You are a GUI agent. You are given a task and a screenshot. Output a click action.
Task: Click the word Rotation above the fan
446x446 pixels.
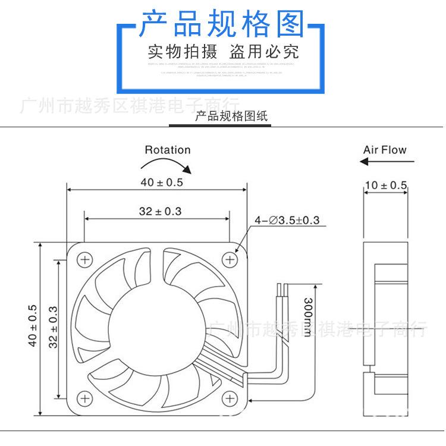(168, 150)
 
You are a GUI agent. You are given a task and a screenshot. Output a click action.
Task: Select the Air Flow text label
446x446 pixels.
(385, 150)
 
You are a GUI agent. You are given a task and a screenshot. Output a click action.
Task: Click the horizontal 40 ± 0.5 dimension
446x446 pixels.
(162, 183)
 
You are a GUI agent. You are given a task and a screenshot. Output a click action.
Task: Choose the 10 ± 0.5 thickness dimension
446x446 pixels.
(385, 186)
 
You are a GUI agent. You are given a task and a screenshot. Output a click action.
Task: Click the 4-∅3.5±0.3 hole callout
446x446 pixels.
(287, 221)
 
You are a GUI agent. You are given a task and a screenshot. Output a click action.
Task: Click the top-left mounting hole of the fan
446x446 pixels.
(84, 259)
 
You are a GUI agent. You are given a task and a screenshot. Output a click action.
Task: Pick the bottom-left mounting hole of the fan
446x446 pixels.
(84, 398)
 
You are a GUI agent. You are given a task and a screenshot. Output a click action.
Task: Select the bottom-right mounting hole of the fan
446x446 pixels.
(230, 398)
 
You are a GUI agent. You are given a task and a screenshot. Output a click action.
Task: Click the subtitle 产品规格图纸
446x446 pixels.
(231, 116)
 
